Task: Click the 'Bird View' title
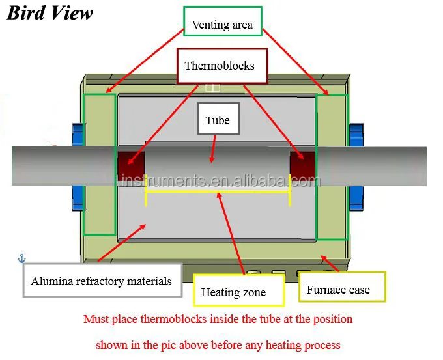(50, 13)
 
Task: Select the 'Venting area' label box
(223, 21)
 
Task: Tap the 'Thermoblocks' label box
(222, 66)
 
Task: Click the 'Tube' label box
(218, 118)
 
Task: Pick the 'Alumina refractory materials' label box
(102, 281)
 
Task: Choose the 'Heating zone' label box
(238, 290)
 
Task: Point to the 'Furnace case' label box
(342, 287)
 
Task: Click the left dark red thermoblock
(131, 165)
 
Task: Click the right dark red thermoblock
(302, 165)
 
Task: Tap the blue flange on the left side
(78, 167)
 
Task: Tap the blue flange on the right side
(356, 167)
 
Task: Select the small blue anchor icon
(21, 258)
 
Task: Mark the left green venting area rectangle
(83, 165)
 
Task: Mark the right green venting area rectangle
(316, 167)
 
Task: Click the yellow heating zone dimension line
(218, 191)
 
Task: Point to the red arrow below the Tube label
(213, 149)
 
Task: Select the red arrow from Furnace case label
(330, 264)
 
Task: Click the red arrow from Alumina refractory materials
(122, 243)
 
